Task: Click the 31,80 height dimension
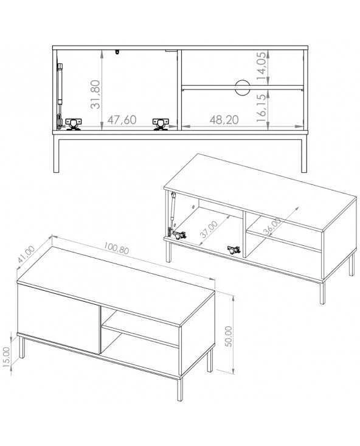(x=95, y=94)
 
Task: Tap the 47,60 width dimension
(x=122, y=120)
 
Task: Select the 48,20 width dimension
(x=224, y=120)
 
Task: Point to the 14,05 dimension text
(x=262, y=66)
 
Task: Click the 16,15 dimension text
(x=262, y=106)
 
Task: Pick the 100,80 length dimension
(x=116, y=248)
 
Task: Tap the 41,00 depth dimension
(x=26, y=254)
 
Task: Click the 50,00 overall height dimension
(x=228, y=336)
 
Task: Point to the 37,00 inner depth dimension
(x=209, y=229)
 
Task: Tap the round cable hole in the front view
(x=243, y=88)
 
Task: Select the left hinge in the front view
(x=74, y=124)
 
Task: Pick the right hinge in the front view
(x=161, y=124)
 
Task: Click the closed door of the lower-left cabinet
(x=58, y=319)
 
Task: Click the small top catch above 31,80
(x=117, y=52)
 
